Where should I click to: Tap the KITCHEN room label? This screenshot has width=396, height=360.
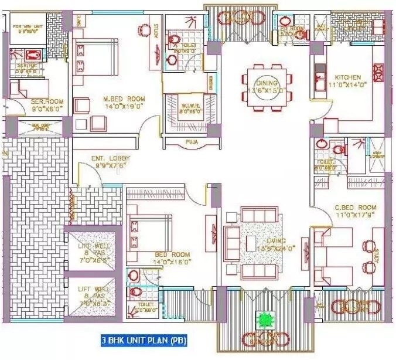[x=347, y=77]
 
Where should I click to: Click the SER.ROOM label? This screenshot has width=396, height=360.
[x=47, y=101]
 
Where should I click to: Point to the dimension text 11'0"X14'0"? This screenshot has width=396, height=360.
[x=347, y=86]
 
